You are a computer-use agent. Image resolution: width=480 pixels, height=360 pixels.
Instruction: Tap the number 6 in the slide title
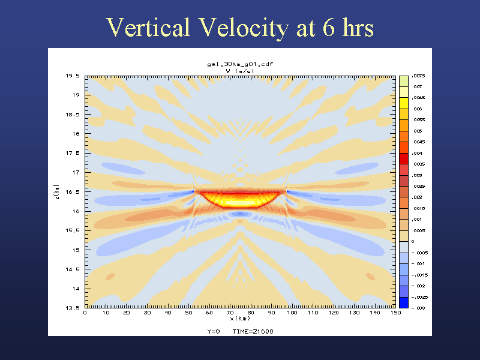(x=329, y=28)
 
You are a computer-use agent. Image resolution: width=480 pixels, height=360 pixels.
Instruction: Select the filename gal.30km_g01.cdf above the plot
(x=239, y=64)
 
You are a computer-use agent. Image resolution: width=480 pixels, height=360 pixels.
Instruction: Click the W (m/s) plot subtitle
(x=239, y=71)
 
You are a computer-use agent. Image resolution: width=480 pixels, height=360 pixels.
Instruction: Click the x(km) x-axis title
(x=239, y=318)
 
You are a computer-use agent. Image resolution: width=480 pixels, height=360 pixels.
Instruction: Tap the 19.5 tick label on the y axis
(x=73, y=76)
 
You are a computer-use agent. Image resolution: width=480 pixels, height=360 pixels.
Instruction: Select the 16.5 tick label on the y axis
(x=73, y=192)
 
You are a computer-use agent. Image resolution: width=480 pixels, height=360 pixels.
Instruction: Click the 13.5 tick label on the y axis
(x=73, y=308)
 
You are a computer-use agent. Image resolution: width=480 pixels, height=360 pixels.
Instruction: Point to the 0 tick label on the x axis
(x=85, y=313)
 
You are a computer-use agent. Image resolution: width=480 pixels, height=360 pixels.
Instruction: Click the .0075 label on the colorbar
(x=418, y=76)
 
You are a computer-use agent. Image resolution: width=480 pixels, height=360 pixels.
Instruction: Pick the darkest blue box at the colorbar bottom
(x=404, y=302)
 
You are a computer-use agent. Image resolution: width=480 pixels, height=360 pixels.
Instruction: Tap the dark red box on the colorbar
(x=404, y=159)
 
